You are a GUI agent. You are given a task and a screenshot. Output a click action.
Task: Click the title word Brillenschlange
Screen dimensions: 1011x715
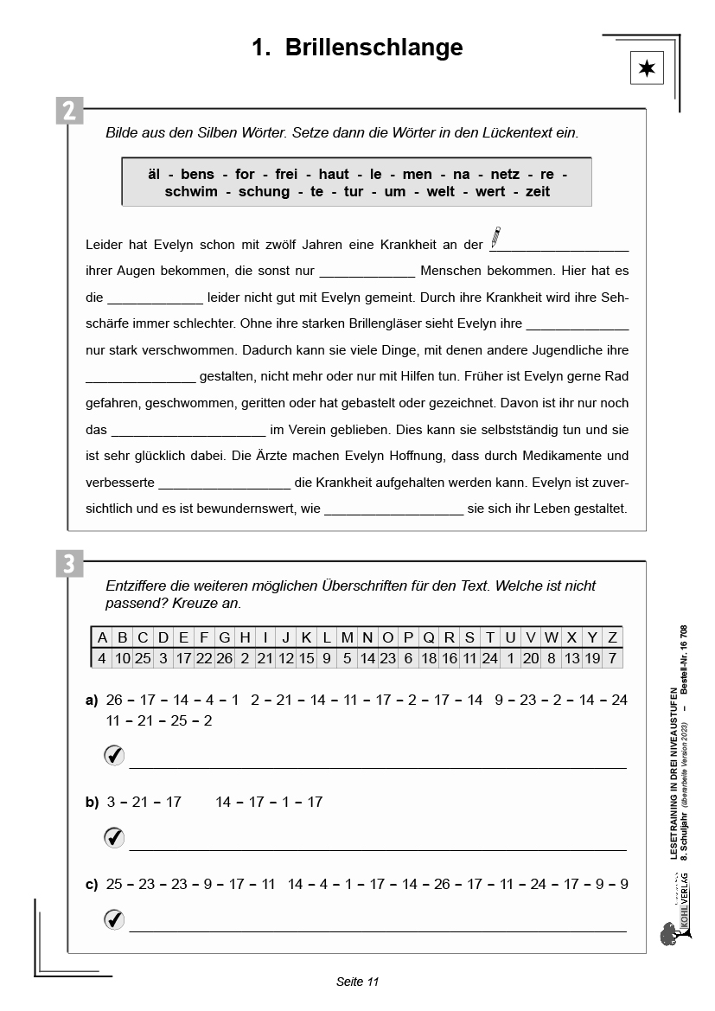(x=373, y=48)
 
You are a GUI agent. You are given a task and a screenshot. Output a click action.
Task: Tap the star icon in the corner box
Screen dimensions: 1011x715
(x=647, y=68)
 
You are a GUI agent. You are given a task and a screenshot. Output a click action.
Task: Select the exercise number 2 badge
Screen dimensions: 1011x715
(x=70, y=112)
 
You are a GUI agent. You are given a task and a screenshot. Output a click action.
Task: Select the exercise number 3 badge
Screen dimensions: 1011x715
(x=70, y=565)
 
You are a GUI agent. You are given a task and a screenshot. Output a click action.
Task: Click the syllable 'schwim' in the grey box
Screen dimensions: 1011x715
(x=191, y=192)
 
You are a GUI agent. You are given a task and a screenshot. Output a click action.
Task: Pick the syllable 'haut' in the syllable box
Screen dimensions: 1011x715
(x=333, y=175)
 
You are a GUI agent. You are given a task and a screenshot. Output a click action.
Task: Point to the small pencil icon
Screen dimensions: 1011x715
(x=495, y=236)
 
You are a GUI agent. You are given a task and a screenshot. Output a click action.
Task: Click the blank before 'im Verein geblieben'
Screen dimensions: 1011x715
(x=188, y=430)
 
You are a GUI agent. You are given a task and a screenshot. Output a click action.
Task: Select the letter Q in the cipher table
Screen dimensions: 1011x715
(x=429, y=638)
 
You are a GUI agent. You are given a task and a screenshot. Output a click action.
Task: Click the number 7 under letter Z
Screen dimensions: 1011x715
(x=612, y=657)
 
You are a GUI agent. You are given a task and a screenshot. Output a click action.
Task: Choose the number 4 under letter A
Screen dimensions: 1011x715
(x=102, y=657)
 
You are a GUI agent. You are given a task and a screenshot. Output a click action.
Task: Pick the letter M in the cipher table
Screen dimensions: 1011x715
(x=347, y=638)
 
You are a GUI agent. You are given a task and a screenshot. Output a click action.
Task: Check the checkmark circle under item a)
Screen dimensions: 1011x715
(x=114, y=756)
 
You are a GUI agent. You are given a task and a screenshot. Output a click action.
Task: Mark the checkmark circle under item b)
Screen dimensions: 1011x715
(x=114, y=837)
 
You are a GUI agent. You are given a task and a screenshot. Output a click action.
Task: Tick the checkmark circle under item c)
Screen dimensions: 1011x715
(x=114, y=919)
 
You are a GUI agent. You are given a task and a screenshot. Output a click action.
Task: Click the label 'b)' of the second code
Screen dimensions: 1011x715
(x=93, y=803)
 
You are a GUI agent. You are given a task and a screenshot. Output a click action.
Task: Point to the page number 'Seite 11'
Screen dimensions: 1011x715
(x=357, y=982)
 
